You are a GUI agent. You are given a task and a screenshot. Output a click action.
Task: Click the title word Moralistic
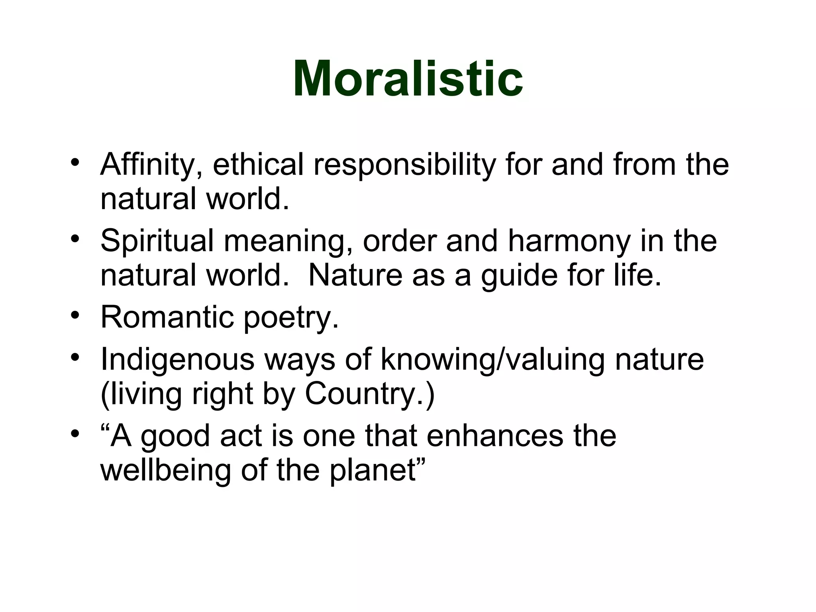tap(408, 78)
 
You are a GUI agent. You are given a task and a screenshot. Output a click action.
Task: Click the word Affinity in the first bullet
tap(151, 164)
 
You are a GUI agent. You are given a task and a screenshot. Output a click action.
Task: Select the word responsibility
tap(404, 165)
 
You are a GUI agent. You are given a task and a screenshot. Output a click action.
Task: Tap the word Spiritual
tap(157, 241)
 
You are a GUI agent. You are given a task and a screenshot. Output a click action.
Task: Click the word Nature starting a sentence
tap(355, 275)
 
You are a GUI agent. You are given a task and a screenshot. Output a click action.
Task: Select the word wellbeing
tap(165, 471)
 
